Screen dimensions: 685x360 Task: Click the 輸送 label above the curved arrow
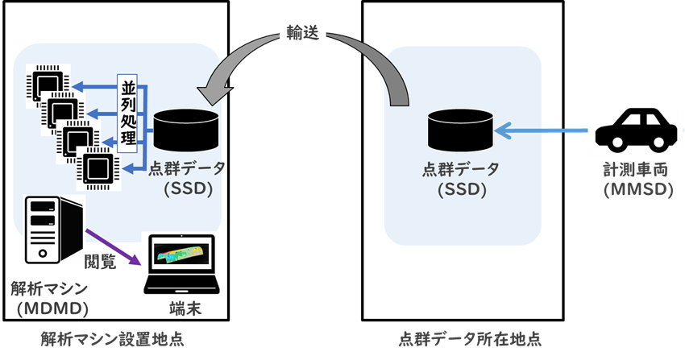click(x=303, y=33)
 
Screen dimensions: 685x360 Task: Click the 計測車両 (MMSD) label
click(x=637, y=180)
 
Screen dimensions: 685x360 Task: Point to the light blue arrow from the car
click(x=541, y=130)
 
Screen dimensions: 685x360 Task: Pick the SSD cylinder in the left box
click(x=186, y=130)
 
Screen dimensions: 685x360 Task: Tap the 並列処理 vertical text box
click(x=127, y=114)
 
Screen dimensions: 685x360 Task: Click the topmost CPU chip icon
click(x=48, y=83)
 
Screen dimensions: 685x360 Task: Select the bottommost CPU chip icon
click(x=98, y=168)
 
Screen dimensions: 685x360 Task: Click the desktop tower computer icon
click(x=54, y=230)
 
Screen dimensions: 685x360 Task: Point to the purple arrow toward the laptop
click(x=113, y=247)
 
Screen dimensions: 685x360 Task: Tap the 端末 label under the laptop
click(x=185, y=309)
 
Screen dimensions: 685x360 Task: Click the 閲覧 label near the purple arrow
click(x=100, y=262)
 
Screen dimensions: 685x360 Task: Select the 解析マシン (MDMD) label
click(x=49, y=299)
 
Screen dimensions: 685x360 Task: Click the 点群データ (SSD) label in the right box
click(x=461, y=179)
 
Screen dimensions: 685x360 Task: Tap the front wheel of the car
click(x=616, y=143)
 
